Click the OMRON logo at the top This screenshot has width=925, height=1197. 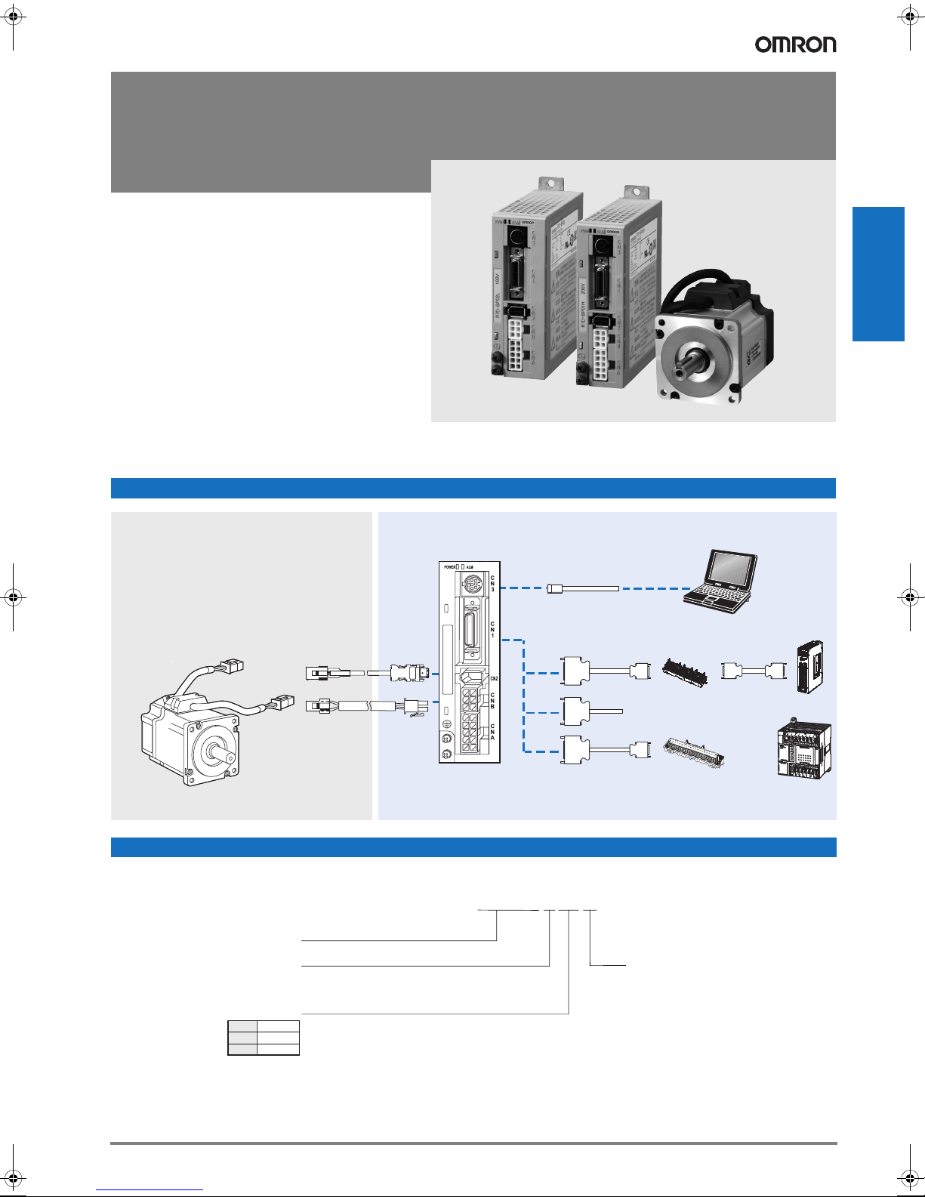795,45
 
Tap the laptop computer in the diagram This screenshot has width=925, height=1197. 721,578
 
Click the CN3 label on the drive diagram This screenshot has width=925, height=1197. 493,584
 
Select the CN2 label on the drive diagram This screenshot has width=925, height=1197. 494,679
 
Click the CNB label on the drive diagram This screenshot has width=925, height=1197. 493,700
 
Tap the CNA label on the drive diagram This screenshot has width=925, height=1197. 493,731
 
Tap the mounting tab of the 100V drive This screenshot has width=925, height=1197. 550,185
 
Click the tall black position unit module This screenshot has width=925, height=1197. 809,668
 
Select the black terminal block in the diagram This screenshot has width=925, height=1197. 685,671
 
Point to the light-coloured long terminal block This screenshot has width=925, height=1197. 694,751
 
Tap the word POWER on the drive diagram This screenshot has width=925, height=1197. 450,566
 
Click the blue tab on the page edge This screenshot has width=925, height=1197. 878,274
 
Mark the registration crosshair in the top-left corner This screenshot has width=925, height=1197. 14,14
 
